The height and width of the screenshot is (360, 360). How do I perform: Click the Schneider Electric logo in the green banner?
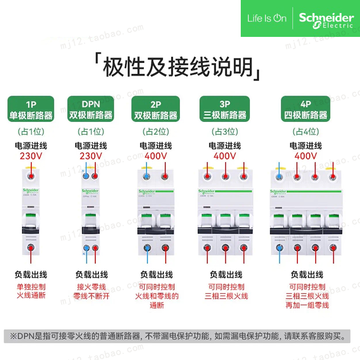pyautogui.click(x=326, y=19)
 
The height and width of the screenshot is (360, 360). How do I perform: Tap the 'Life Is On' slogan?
pyautogui.click(x=266, y=18)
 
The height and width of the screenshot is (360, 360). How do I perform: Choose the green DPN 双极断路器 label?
pyautogui.click(x=90, y=109)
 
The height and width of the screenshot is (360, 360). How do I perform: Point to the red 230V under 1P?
pyautogui.click(x=31, y=156)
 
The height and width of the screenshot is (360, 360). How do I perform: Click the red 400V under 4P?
pyautogui.click(x=306, y=156)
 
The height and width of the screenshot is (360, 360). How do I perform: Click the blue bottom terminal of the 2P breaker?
pyautogui.click(x=146, y=248)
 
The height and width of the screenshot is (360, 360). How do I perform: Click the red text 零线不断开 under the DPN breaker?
pyautogui.click(x=90, y=296)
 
